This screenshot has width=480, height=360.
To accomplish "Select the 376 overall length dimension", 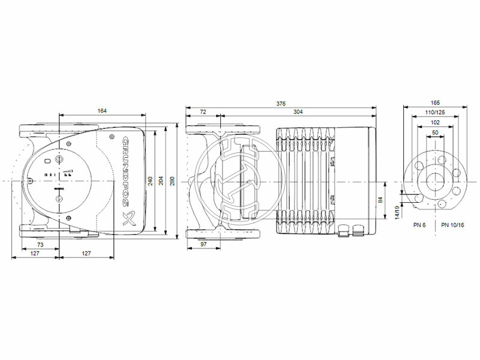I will point(280,104).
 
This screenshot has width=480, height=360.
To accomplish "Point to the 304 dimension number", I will point(298,112).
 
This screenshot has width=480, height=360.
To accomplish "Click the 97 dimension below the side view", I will point(203,244).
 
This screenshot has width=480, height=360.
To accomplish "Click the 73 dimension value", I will point(40,245).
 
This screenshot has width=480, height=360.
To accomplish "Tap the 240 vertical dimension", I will point(151,180).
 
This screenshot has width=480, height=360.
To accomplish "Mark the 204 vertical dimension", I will point(160,180).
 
